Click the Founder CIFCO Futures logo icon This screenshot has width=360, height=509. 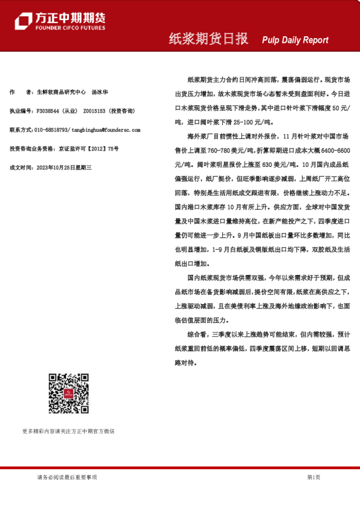click(23, 21)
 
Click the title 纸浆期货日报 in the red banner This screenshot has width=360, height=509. click(208, 39)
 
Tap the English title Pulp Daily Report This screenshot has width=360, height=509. click(295, 40)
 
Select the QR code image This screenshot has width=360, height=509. click(68, 393)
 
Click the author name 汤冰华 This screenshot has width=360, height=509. click(100, 92)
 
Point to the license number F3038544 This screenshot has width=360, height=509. click(48, 111)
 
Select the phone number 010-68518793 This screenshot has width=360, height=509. click(51, 130)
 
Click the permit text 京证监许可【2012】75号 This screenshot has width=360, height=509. click(88, 148)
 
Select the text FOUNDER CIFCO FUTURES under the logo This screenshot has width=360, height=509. click(70, 28)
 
